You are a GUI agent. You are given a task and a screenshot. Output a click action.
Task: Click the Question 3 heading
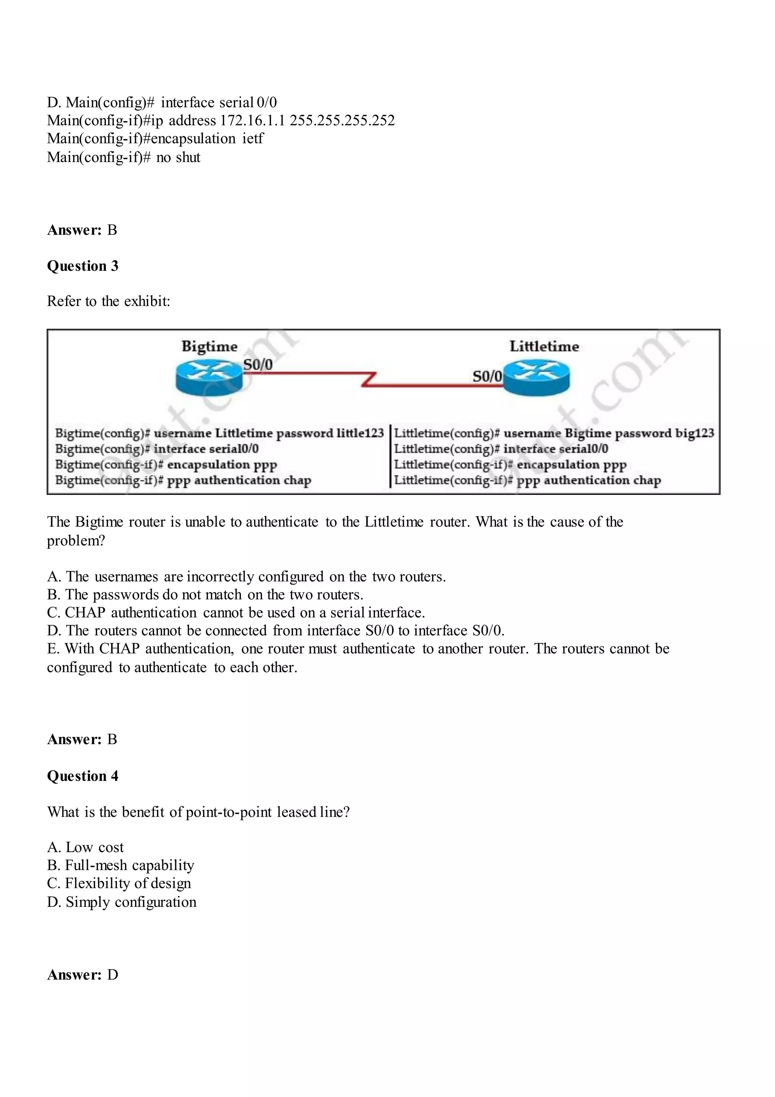(82, 266)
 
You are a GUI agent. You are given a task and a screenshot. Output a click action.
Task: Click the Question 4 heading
(82, 776)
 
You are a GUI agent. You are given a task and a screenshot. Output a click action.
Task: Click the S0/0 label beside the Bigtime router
(258, 365)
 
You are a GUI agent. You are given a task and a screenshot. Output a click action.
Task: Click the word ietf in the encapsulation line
(253, 139)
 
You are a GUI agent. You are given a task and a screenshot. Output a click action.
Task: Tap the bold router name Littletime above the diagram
(544, 346)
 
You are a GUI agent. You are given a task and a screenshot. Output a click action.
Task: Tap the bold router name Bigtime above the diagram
(209, 346)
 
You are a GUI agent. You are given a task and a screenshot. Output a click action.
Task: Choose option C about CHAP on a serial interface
(236, 613)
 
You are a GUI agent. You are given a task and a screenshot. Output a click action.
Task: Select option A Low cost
(86, 847)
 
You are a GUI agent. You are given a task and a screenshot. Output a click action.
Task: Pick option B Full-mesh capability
(120, 865)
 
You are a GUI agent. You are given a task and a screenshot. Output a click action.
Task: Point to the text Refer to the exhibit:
(108, 301)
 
